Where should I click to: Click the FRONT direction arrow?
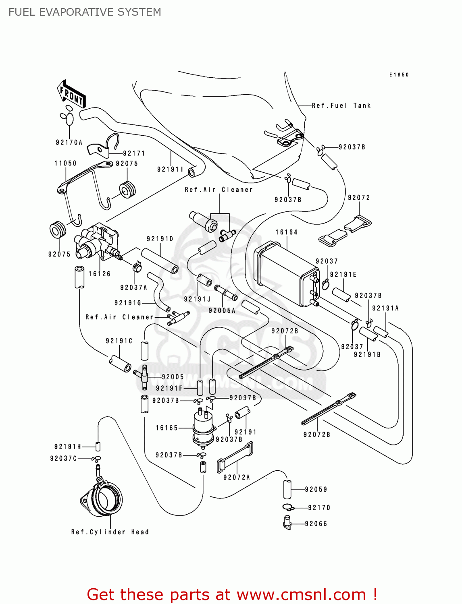(x=71, y=95)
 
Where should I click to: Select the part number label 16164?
(x=287, y=232)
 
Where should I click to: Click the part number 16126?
(x=100, y=274)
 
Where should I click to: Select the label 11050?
(x=66, y=163)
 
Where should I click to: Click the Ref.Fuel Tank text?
(x=341, y=105)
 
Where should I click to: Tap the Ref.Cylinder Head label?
(x=110, y=532)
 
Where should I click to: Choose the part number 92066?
(x=316, y=524)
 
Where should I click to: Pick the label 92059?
(x=316, y=489)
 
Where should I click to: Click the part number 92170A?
(x=69, y=142)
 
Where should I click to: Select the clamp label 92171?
(x=134, y=153)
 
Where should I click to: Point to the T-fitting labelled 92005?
(x=144, y=376)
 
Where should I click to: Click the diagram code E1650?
(x=399, y=75)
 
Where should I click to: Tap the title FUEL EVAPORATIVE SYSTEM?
(x=85, y=12)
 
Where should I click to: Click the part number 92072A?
(x=237, y=477)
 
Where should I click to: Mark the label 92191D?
(x=160, y=239)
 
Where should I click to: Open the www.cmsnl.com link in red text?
(x=301, y=594)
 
